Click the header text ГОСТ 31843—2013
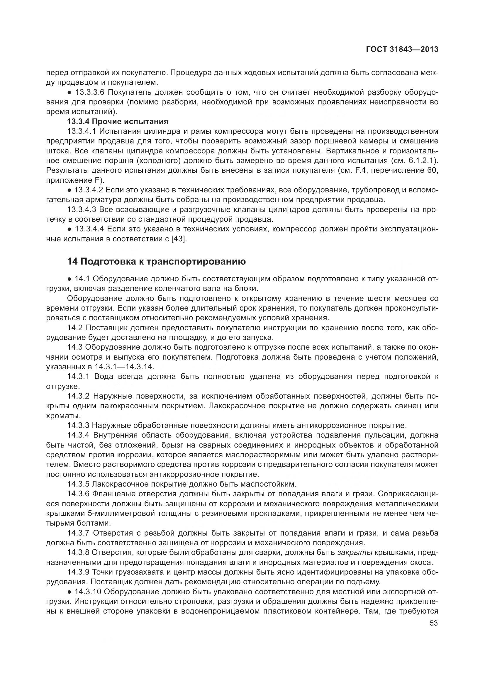tap(402, 50)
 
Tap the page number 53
tap(434, 623)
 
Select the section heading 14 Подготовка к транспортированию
tap(156, 261)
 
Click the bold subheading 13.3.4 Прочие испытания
tap(118, 122)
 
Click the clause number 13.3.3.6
tap(87, 92)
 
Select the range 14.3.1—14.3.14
tap(124, 367)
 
